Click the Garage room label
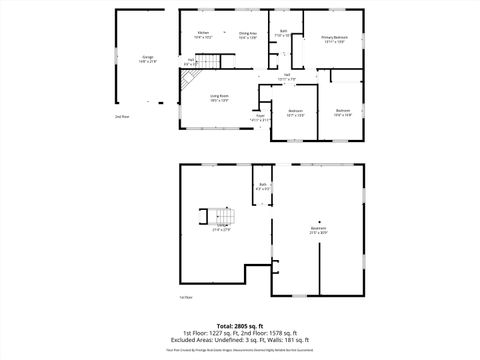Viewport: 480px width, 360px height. [x=148, y=56]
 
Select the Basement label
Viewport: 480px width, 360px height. [x=318, y=229]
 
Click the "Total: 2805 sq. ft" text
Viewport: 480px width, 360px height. [x=239, y=325]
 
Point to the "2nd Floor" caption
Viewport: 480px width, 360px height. [x=121, y=117]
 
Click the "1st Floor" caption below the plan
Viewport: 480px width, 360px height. [x=185, y=298]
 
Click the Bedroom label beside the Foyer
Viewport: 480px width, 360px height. [x=295, y=111]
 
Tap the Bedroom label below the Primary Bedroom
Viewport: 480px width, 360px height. [x=343, y=111]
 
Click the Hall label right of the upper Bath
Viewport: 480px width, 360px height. [x=287, y=75]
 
